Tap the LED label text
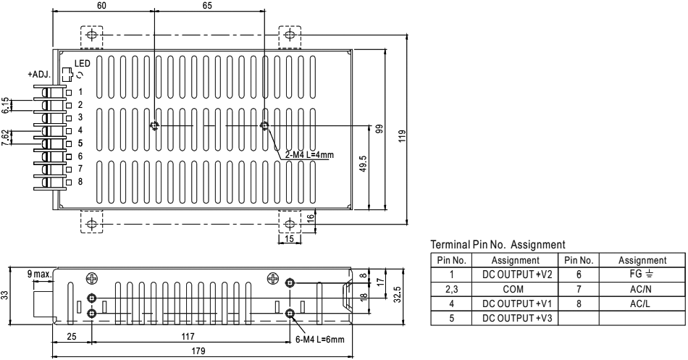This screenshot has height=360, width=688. [x=82, y=64]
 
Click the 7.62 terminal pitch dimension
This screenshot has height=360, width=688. [x=6, y=136]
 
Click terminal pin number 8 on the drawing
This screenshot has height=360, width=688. [x=80, y=181]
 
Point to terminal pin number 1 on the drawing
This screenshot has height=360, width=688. [x=80, y=92]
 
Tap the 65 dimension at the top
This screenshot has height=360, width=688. [x=208, y=6]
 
